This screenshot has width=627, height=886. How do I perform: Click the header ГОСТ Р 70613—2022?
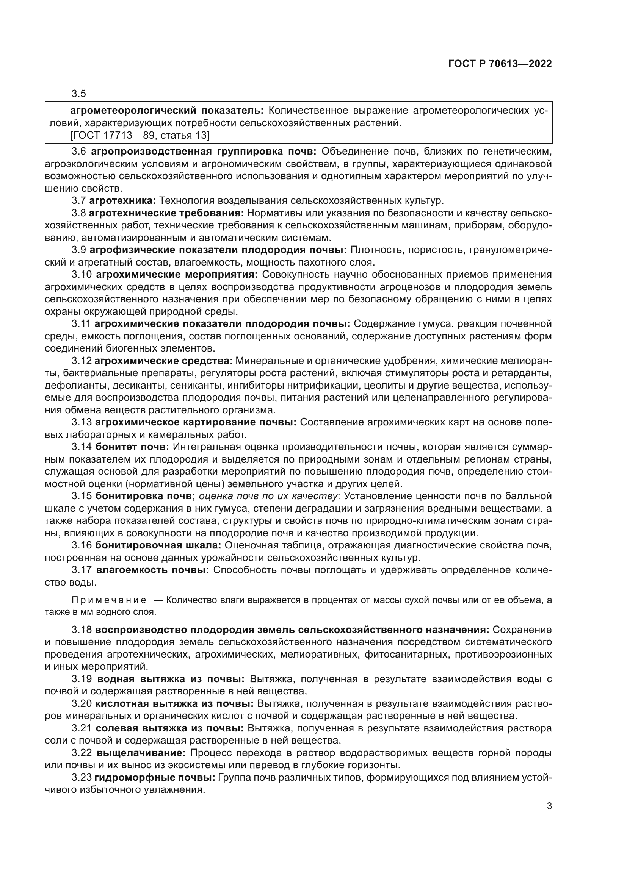(x=500, y=64)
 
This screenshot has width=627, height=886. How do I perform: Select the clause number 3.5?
(x=79, y=94)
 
